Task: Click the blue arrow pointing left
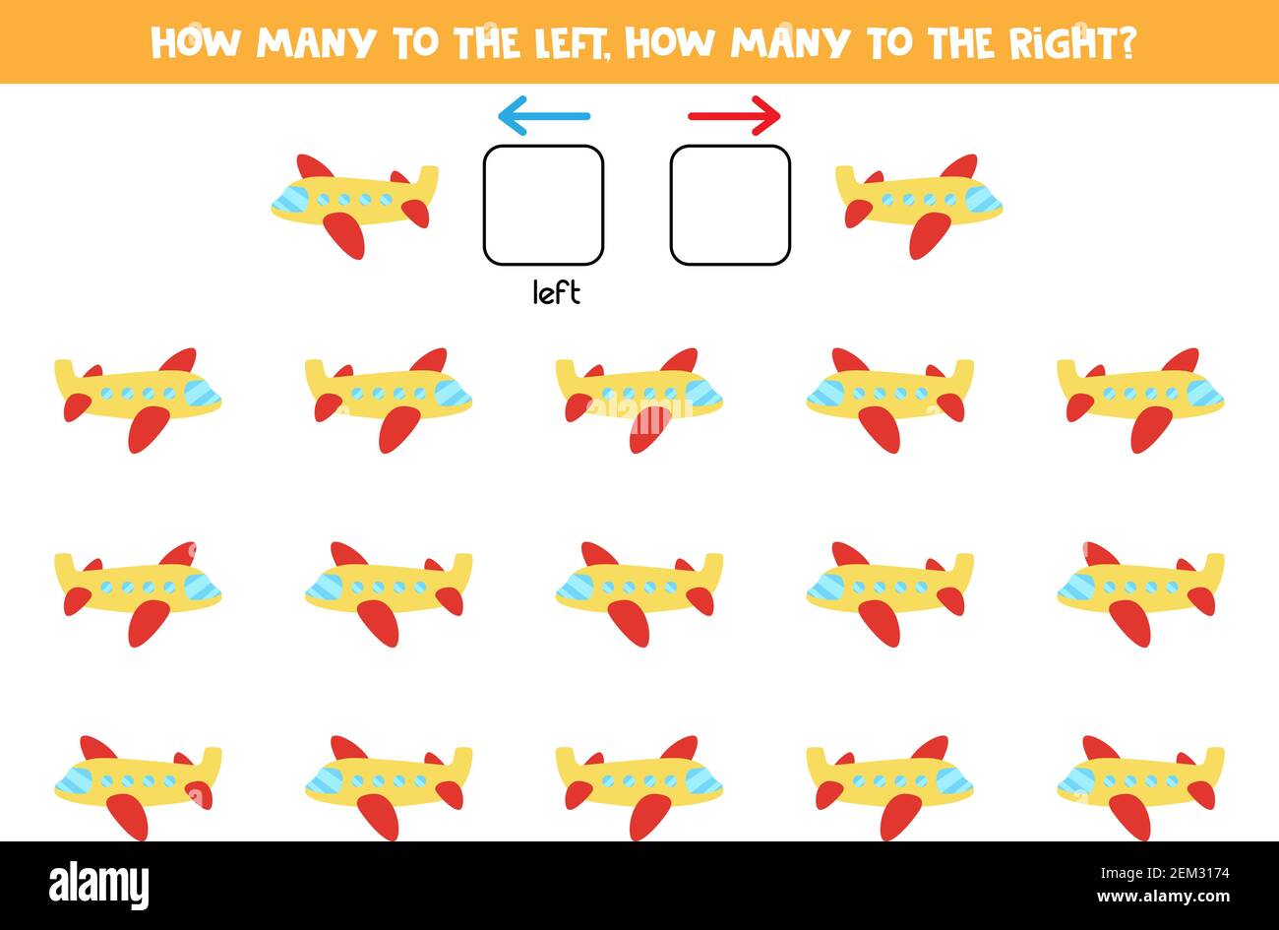[x=543, y=117]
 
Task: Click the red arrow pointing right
[x=734, y=116]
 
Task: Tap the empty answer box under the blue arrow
[x=543, y=205]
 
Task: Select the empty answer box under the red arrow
[x=730, y=205]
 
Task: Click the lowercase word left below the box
[x=556, y=292]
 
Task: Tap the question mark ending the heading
[x=1127, y=42]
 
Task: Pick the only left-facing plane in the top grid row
[x=889, y=398]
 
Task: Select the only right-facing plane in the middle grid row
[x=138, y=591]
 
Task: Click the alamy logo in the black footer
[x=99, y=883]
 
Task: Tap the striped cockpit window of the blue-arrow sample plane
[x=291, y=201]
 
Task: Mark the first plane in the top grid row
[x=138, y=398]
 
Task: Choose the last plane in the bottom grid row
[x=1140, y=785]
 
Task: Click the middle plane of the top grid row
[x=639, y=398]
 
